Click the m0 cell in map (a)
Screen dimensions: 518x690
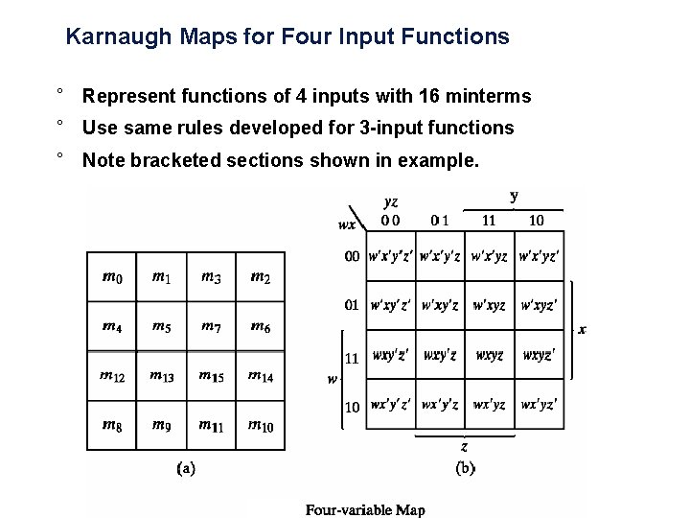[x=111, y=277]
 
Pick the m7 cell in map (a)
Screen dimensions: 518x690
[x=211, y=326]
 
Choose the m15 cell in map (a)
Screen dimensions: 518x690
[x=211, y=375]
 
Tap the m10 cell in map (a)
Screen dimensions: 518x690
[x=260, y=424]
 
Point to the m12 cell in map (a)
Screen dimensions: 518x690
[x=111, y=375]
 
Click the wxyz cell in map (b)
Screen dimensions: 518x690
[x=490, y=355]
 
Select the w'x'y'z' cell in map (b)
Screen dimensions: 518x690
[x=391, y=257]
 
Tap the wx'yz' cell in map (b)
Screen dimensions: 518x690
[x=540, y=404]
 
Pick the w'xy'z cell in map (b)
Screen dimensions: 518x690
[x=440, y=306]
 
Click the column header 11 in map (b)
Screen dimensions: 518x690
[x=489, y=221]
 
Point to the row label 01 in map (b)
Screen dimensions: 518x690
[x=352, y=305]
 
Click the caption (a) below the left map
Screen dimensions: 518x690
[x=186, y=469]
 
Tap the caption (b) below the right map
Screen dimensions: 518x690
[x=465, y=469]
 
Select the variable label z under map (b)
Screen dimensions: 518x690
[x=464, y=447]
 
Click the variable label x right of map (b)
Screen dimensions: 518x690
[x=583, y=329]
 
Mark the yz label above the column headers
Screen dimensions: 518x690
[x=391, y=202]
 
